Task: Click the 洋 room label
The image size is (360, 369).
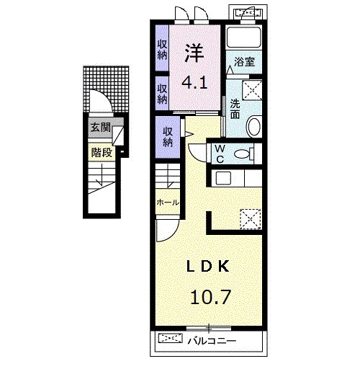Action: pyautogui.click(x=194, y=53)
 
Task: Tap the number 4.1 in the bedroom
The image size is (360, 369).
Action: pyautogui.click(x=194, y=83)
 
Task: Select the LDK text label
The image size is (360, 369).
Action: pyautogui.click(x=208, y=266)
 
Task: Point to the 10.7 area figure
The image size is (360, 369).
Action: pyautogui.click(x=211, y=297)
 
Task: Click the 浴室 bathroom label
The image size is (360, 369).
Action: pyautogui.click(x=244, y=62)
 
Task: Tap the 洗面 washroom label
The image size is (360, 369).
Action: pyautogui.click(x=235, y=110)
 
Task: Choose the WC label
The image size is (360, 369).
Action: pyautogui.click(x=220, y=154)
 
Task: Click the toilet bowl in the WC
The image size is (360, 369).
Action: pyautogui.click(x=242, y=154)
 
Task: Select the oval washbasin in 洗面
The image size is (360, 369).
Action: pyautogui.click(x=254, y=126)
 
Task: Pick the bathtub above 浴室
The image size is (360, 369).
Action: pyautogui.click(x=244, y=37)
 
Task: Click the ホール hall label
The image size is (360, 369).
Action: pyautogui.click(x=168, y=203)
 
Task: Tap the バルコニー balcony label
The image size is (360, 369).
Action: pyautogui.click(x=212, y=341)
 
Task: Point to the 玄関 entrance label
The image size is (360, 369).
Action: pyautogui.click(x=100, y=127)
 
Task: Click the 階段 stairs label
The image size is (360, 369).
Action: pyautogui.click(x=102, y=152)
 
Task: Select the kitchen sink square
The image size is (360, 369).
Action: pyautogui.click(x=223, y=178)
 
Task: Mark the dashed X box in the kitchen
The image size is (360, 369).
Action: pyautogui.click(x=251, y=218)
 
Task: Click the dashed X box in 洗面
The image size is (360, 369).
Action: pyautogui.click(x=252, y=90)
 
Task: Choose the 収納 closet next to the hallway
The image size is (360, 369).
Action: pyautogui.click(x=168, y=137)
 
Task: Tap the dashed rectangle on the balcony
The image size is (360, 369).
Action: pyautogui.click(x=171, y=338)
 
